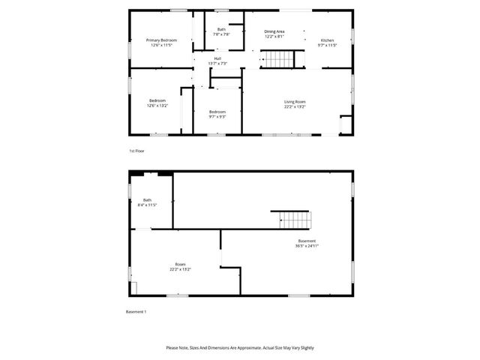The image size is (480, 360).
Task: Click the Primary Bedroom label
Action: (x=161, y=40)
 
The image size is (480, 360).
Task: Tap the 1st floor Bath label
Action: (x=221, y=29)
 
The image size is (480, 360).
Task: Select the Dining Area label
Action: (x=274, y=31)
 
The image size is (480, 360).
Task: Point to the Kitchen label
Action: (x=327, y=40)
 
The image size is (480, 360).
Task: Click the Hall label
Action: (x=217, y=58)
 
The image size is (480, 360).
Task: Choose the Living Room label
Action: (x=295, y=101)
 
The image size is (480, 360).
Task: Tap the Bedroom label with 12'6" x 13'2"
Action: (x=157, y=100)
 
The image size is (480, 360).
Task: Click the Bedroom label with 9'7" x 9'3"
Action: (x=217, y=112)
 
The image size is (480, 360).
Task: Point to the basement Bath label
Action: (x=147, y=199)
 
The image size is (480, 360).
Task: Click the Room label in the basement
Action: (x=180, y=264)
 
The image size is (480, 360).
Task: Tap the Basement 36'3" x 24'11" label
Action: (x=307, y=241)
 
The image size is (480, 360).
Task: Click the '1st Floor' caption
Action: (x=136, y=151)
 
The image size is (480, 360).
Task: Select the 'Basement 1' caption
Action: (x=136, y=311)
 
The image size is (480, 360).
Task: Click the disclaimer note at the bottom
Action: (x=240, y=348)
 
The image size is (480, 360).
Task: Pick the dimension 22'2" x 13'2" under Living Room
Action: (x=295, y=106)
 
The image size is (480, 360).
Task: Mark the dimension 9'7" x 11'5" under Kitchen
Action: (x=327, y=45)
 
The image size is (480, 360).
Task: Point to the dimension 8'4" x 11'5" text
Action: (x=147, y=204)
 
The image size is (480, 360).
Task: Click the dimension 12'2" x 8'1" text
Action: (x=274, y=36)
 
